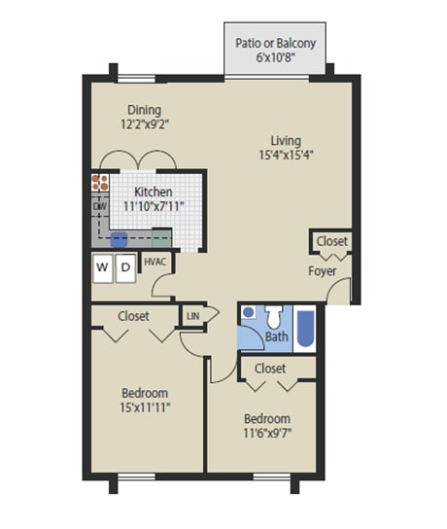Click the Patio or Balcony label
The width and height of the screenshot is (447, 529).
(x=278, y=43)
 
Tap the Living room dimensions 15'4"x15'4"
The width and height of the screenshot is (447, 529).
(x=286, y=154)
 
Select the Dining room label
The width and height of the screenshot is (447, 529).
(x=142, y=110)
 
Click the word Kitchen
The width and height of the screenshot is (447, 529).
(x=154, y=193)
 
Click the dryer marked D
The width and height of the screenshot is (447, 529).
(x=124, y=266)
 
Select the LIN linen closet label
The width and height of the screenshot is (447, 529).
(x=192, y=314)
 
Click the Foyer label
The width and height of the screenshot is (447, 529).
(x=323, y=270)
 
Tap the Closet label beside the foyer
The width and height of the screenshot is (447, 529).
(x=331, y=241)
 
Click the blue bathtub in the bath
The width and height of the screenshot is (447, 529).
(x=305, y=330)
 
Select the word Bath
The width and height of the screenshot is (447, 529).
(x=277, y=337)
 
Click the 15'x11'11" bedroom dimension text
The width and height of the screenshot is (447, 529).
(x=146, y=407)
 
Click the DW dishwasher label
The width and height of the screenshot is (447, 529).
(x=99, y=206)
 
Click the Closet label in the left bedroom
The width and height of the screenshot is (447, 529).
(x=133, y=315)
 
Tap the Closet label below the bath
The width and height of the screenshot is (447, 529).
(x=270, y=369)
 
